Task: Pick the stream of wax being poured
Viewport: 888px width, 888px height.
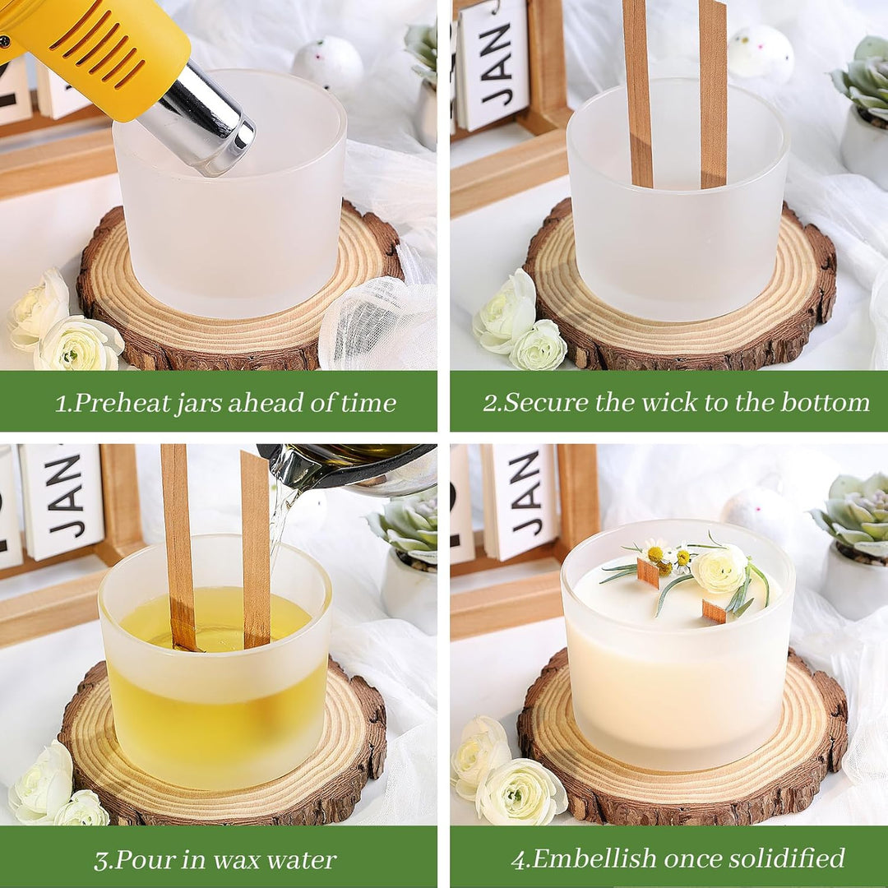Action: [281, 527]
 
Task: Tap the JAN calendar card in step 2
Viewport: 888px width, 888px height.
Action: [493, 65]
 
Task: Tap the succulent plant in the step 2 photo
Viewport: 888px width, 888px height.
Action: [862, 77]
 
